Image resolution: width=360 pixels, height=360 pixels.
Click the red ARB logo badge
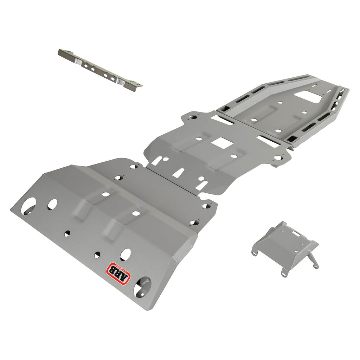pos(118,272)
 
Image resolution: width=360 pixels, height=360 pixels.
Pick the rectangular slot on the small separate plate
pos(296,233)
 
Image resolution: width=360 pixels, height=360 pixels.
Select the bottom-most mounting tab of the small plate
pos(284,272)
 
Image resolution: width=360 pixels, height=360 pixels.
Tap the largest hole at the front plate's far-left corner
pos(28,206)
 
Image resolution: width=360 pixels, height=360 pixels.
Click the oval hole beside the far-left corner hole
pos(52,204)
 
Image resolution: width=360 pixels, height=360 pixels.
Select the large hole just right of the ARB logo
pos(142,286)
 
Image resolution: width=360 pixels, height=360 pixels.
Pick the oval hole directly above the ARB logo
pos(125,254)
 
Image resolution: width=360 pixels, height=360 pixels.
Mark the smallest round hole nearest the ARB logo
pos(97,255)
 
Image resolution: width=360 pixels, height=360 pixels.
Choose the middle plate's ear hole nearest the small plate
pos(278,158)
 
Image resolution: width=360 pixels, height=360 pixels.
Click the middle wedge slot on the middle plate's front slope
pos(179,173)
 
